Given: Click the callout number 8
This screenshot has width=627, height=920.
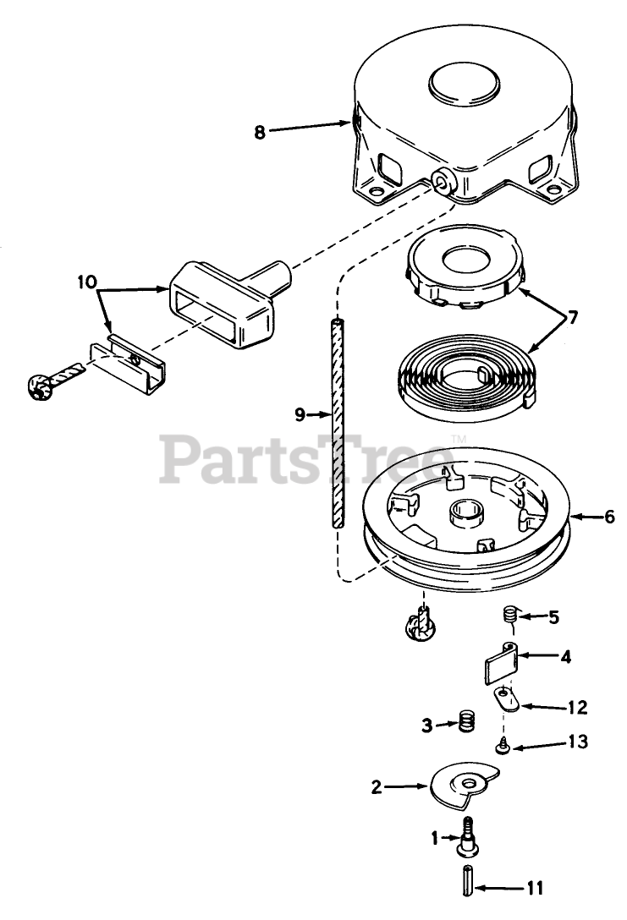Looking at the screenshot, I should [259, 131].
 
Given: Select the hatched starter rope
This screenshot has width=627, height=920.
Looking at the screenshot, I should [339, 423].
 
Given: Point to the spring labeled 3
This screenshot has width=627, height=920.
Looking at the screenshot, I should [466, 724].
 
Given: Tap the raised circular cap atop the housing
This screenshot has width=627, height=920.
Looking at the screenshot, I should [467, 85].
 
